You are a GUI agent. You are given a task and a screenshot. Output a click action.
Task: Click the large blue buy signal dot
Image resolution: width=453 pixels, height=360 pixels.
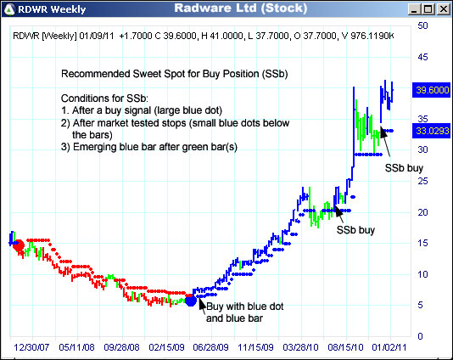(191, 300)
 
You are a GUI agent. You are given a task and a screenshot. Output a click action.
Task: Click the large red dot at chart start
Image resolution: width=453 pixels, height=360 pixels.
(19, 245)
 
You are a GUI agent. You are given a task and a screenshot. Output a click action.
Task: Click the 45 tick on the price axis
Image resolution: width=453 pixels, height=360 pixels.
(422, 57)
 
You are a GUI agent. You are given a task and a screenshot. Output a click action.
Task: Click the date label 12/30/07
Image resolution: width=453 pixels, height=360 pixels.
(32, 347)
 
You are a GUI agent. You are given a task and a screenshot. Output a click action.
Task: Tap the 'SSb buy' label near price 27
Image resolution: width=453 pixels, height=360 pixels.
(403, 168)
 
